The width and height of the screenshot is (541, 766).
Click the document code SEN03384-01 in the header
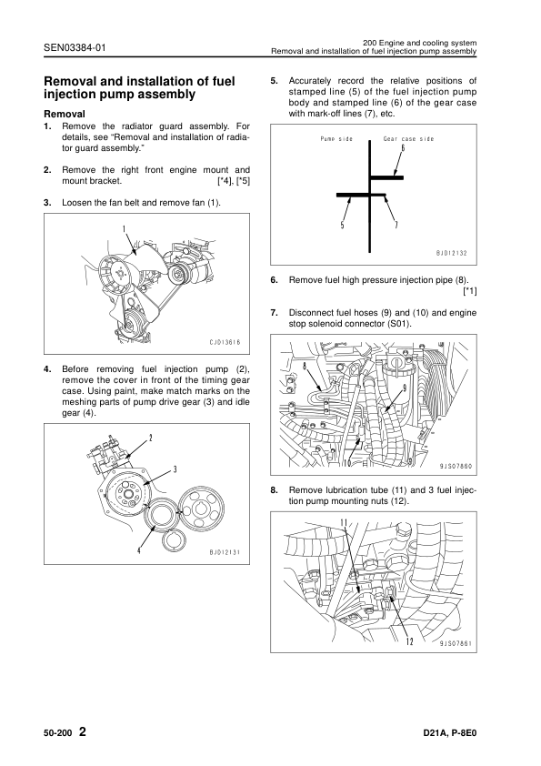point(75,48)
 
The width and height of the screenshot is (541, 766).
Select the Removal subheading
point(65,115)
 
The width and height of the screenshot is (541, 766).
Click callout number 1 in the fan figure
point(124,228)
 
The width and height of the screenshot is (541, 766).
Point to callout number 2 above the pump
point(150,438)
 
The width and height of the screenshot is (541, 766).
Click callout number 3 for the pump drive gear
point(175,469)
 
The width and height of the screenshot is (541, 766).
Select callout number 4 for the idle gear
point(139,549)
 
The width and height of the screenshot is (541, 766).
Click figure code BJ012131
point(225,552)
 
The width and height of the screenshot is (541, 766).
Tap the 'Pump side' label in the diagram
point(336,139)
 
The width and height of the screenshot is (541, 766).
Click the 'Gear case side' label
point(408,139)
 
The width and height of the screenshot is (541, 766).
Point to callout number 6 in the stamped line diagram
point(403,148)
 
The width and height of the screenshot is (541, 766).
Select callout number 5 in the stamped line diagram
point(342,225)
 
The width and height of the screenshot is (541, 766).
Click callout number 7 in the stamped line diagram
point(396,225)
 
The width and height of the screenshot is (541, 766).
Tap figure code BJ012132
point(452,253)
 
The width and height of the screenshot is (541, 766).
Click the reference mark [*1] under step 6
point(470,291)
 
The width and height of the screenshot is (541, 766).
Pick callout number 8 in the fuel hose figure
point(305,366)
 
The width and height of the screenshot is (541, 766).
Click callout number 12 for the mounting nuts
point(410,641)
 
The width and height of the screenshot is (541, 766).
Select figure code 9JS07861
point(456,643)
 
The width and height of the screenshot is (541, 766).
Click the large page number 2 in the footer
point(83,731)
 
